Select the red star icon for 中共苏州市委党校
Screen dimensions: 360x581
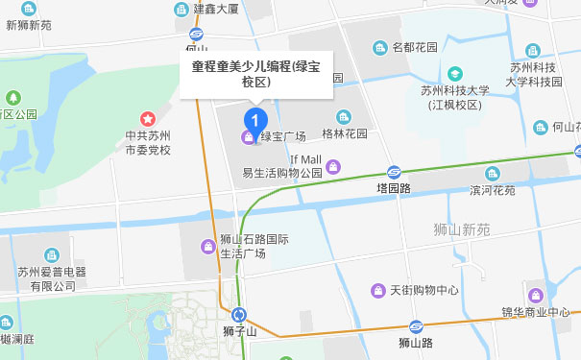(x=148, y=118)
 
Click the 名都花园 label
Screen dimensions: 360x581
(x=414, y=47)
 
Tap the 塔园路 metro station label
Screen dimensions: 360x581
(x=393, y=189)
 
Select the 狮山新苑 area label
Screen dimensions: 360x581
(x=462, y=229)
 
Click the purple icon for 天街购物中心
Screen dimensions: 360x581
(x=378, y=290)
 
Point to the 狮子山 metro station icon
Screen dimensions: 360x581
(x=239, y=314)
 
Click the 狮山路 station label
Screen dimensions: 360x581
(x=416, y=341)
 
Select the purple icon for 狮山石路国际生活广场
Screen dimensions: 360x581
(x=207, y=246)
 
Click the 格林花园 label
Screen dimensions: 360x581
(x=345, y=133)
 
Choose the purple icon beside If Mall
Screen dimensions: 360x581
(x=333, y=167)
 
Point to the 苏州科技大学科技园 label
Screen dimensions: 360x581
(x=538, y=75)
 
